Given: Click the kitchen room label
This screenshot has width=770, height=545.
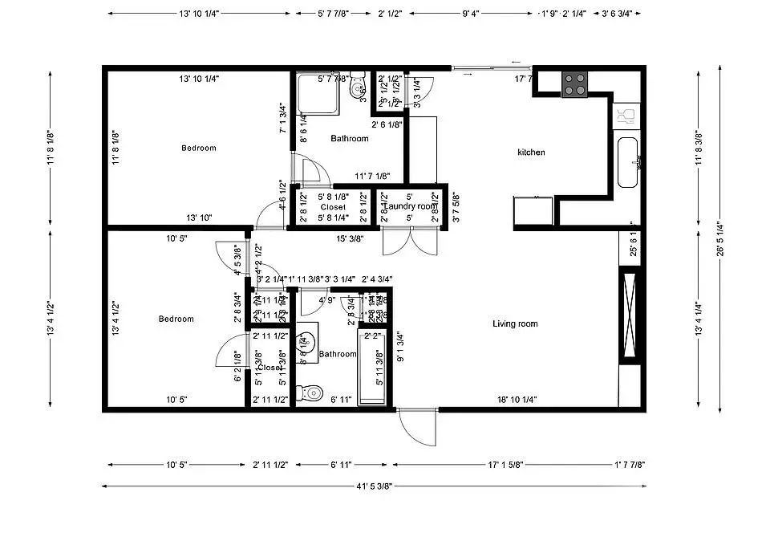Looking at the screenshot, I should (531, 153).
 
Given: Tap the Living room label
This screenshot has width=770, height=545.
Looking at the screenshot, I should (515, 324).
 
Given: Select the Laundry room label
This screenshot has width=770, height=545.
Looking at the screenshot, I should (409, 207).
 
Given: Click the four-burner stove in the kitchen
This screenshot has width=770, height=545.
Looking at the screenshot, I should (574, 84).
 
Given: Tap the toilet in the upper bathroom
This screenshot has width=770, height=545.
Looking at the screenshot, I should (357, 88).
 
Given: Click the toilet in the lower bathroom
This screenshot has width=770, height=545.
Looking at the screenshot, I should (309, 393).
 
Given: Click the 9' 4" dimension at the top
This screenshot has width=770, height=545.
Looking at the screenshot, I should (472, 14).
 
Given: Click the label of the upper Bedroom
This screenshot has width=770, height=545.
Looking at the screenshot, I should (198, 148).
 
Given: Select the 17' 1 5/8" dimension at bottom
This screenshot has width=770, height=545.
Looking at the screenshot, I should (505, 465).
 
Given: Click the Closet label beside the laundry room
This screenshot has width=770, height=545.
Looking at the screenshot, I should (333, 207).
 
